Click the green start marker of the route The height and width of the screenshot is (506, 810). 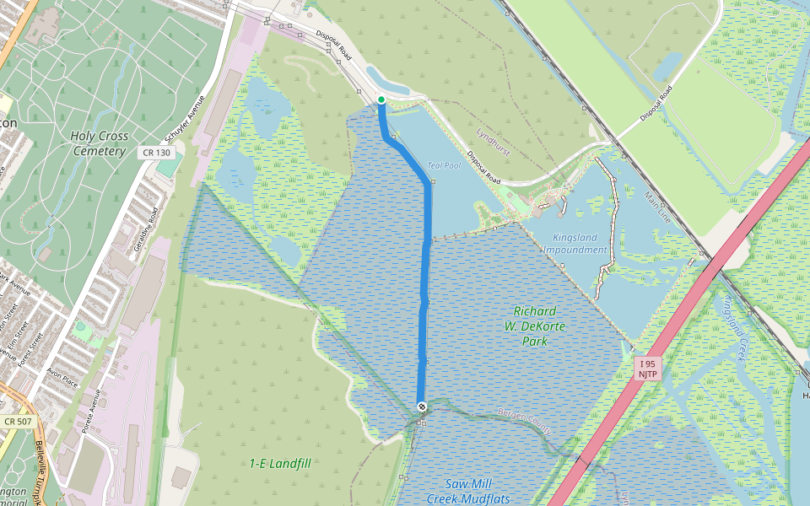pos(381,100)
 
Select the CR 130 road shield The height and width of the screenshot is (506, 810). pos(157,153)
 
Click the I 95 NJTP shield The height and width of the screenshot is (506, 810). pos(646,369)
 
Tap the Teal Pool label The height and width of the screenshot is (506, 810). pos(445,165)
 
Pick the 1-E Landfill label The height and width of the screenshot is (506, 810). pos(280,463)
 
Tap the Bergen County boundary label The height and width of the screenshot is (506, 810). pos(524,420)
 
